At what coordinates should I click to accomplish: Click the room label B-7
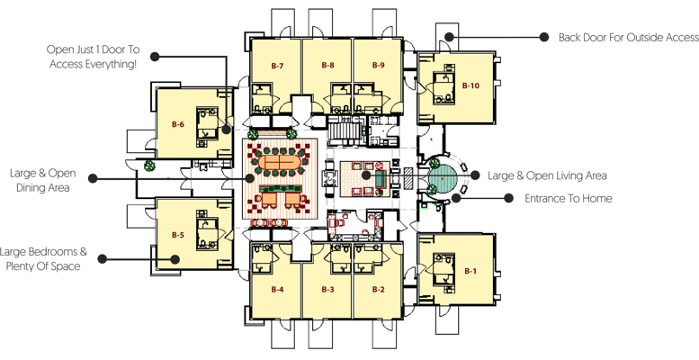(277, 66)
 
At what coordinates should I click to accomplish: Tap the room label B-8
(327, 66)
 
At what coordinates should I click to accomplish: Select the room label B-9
(378, 66)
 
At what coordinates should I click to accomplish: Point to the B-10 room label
(471, 85)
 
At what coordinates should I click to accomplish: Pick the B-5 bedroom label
(178, 235)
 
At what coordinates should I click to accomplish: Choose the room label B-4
(277, 289)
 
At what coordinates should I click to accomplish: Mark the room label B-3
(328, 289)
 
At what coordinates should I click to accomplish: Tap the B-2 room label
(379, 289)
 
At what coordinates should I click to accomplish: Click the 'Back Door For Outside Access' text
(627, 38)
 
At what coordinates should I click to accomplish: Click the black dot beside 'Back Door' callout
(543, 38)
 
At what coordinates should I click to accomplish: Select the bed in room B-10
(444, 88)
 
